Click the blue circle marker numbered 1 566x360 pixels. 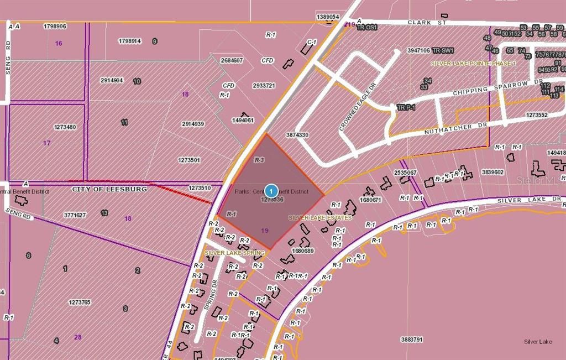(x=271, y=190)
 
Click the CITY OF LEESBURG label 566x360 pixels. (x=109, y=189)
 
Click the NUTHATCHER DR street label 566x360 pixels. (x=456, y=129)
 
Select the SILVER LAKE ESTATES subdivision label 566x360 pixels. (x=320, y=218)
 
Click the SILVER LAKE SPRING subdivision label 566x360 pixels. (x=234, y=253)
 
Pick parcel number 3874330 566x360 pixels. (x=297, y=135)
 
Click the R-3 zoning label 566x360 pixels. (x=258, y=160)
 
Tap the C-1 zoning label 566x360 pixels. (x=312, y=41)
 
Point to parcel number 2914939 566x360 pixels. (x=193, y=124)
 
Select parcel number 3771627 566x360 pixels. (x=75, y=215)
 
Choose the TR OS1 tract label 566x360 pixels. (x=367, y=27)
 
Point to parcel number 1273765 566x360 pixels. (x=80, y=302)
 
